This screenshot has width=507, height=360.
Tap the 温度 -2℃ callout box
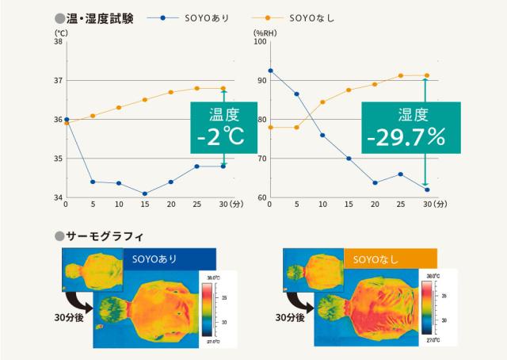click(223, 126)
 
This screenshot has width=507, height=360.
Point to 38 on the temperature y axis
click(57, 41)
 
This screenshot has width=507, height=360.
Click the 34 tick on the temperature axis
click(57, 197)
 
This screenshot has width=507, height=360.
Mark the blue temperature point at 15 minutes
click(145, 193)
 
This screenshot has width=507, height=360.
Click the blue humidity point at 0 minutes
click(271, 71)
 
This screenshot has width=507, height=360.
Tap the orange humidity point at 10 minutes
click(322, 102)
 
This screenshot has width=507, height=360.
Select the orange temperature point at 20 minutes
click(171, 92)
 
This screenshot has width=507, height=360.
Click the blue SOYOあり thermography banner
click(169, 259)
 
